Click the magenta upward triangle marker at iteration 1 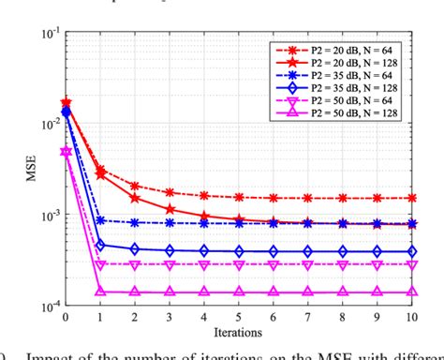[100, 292]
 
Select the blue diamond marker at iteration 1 [100, 246]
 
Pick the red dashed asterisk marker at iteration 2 [135, 186]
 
